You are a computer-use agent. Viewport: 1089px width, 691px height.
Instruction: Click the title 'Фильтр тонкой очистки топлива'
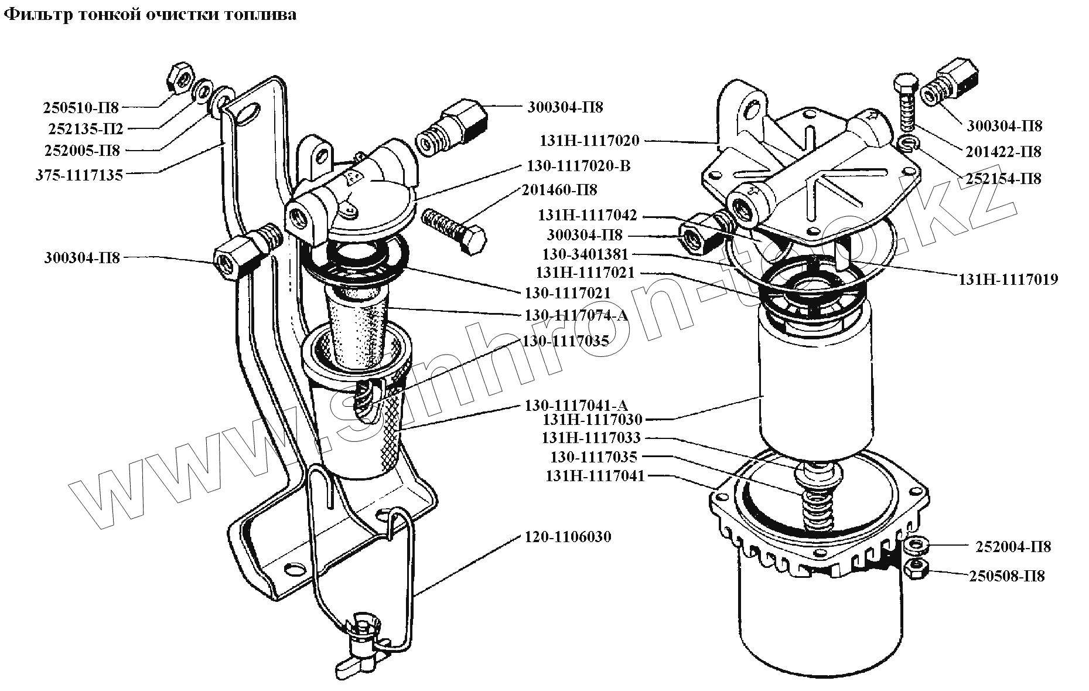150,15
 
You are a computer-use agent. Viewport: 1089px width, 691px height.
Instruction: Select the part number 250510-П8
81,108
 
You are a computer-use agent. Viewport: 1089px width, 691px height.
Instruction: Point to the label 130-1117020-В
579,166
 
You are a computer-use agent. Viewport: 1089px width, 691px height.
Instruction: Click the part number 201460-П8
560,190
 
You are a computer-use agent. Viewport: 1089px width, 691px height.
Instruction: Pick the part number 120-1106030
566,537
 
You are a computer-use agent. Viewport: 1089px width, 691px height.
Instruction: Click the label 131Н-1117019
1008,280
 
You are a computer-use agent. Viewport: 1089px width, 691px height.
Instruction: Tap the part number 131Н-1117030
593,420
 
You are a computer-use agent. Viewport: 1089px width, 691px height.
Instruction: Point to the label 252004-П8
1013,547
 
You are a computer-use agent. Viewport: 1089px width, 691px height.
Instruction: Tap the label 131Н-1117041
595,476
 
